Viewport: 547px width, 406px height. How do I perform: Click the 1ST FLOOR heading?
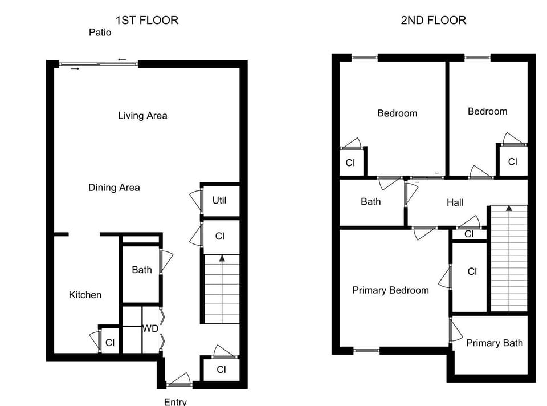point(147,20)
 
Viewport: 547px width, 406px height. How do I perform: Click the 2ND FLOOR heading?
point(433,20)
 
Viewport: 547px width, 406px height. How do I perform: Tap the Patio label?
point(100,33)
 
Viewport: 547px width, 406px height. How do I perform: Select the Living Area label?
point(142,116)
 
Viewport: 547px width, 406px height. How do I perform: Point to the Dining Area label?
point(114,188)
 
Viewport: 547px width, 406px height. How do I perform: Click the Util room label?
point(219,200)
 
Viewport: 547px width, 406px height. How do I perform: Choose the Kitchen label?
point(85,295)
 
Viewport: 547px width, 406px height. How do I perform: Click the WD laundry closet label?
point(150,329)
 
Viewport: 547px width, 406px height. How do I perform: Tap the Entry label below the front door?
point(175,401)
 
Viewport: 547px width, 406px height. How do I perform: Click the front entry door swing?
point(181,380)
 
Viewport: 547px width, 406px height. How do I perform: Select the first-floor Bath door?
point(166,260)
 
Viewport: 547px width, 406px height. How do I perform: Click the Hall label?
point(455,202)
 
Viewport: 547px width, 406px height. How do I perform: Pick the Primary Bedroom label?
point(390,290)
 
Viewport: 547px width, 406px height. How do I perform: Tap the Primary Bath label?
point(494,343)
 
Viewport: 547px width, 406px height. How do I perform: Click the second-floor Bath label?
point(371,201)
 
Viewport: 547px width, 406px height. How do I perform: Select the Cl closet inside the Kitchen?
point(110,343)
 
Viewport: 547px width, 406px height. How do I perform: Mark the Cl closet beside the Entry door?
point(221,370)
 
